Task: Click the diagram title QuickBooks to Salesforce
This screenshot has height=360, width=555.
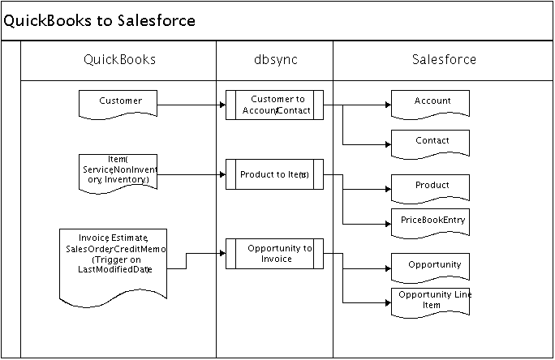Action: coord(100,21)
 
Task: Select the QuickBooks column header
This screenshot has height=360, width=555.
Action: coord(120,60)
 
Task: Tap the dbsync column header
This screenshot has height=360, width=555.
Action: coord(274,60)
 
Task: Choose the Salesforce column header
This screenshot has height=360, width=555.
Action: coord(444,60)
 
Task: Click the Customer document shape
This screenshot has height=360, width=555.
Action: coord(118,102)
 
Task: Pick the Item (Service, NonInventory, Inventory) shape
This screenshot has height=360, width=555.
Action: coord(118,170)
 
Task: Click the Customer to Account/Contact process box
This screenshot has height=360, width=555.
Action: coord(275,105)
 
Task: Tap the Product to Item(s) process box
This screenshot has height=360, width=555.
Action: coord(275,174)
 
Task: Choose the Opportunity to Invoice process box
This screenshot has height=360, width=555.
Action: coord(275,253)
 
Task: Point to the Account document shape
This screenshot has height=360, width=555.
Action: coord(431,103)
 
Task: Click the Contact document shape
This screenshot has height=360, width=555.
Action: coord(431,142)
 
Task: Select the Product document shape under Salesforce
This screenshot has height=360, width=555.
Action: coord(431,186)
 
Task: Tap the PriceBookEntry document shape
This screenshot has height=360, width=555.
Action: coord(431,221)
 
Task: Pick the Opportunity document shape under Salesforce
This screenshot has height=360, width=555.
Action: coord(431,266)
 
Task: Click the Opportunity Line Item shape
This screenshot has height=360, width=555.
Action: coord(431,300)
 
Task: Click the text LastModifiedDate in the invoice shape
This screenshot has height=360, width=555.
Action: coord(114,269)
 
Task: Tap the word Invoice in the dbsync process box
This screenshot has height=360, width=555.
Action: coord(277,259)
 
